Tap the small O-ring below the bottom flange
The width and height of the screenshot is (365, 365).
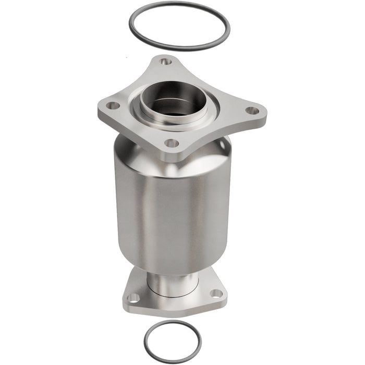coord(146,334)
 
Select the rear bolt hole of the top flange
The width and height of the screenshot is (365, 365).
coord(166,62)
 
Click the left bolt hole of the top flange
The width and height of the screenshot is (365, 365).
coord(112,106)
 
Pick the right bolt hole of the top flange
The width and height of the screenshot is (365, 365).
coord(252,111)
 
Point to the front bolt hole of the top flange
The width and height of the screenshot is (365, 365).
coord(171,142)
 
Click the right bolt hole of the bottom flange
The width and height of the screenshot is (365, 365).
coord(217,293)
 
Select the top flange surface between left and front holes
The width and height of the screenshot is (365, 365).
coord(137,125)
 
